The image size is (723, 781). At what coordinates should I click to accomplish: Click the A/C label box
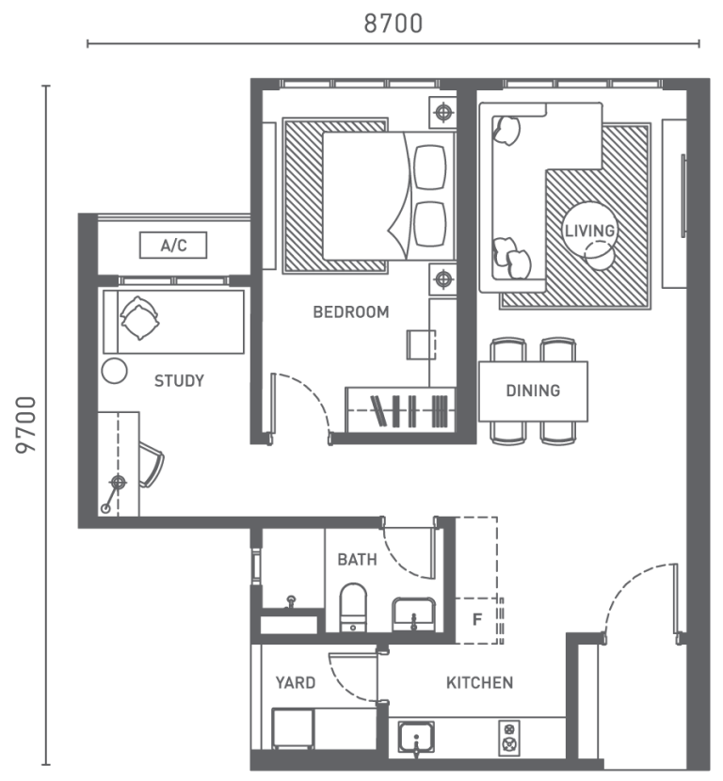[x=173, y=247]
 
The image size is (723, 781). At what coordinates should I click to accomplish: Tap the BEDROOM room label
[x=350, y=312]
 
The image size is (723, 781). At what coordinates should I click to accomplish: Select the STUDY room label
[x=179, y=381]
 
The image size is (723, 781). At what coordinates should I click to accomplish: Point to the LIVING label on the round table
[x=589, y=231]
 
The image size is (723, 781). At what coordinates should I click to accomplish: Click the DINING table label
[x=533, y=390]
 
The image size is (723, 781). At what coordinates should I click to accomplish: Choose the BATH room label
[x=357, y=560]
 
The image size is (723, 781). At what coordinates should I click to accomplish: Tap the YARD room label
[x=295, y=682]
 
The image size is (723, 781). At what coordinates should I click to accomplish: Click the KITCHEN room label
[x=479, y=682]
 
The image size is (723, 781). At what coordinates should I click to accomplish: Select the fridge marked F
[x=477, y=621]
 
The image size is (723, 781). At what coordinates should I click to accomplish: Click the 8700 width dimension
[x=394, y=24]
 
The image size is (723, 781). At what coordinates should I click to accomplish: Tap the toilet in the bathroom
[x=352, y=607]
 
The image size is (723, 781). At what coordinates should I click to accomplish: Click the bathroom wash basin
[x=413, y=614]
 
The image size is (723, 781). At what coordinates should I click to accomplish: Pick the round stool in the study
[x=114, y=370]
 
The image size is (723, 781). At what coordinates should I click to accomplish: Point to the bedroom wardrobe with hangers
[x=400, y=410]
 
